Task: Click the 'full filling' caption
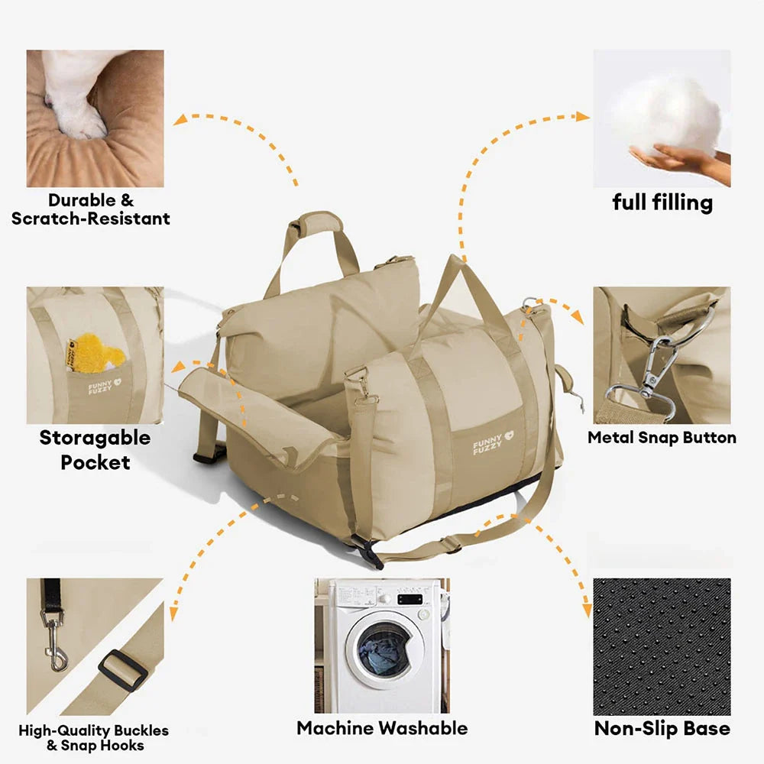[x=662, y=202]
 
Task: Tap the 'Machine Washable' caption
[x=382, y=728]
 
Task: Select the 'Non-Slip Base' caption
[x=662, y=728]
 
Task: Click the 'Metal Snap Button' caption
[x=662, y=438]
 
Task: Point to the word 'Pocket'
[x=95, y=462]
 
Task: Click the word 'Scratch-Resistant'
[x=91, y=219]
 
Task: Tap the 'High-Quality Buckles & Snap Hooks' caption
[x=94, y=738]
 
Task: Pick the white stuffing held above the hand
[x=667, y=115]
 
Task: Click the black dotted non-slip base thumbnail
[x=662, y=646]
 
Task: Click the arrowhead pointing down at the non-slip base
[x=588, y=611]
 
